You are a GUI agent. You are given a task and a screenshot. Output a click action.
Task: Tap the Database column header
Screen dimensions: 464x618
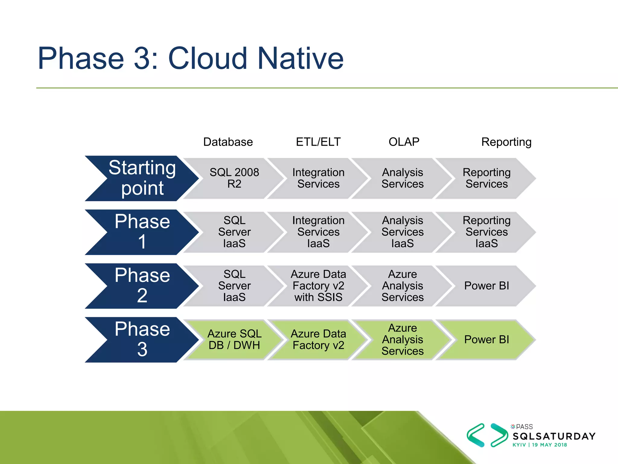[x=228, y=142]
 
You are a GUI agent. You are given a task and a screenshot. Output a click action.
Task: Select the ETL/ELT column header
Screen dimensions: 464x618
[x=318, y=142]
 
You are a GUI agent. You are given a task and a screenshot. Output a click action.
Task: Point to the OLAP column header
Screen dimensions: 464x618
[x=404, y=142]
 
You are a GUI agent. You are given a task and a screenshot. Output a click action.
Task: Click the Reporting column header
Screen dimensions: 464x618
[x=506, y=142]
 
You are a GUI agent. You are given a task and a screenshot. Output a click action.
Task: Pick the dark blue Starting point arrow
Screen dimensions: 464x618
[x=142, y=178]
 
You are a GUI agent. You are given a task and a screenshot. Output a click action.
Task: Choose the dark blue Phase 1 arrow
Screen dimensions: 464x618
[x=142, y=232]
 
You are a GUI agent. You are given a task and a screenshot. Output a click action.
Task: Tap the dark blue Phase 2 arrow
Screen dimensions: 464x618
[x=142, y=286]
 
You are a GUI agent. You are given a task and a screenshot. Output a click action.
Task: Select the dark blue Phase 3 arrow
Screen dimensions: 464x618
[x=142, y=340]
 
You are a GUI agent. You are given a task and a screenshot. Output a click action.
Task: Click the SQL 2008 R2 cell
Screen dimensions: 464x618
[x=234, y=178]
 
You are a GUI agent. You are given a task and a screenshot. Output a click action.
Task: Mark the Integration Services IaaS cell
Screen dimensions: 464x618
[x=318, y=232]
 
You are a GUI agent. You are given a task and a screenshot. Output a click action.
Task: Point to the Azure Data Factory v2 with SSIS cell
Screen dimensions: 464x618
[x=318, y=286]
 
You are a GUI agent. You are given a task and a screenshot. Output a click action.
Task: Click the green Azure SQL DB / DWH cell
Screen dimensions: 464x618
[x=234, y=340]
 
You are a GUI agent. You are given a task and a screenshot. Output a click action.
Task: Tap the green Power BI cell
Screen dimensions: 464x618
[x=486, y=340]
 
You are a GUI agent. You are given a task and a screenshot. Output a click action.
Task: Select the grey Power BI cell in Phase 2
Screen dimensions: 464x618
[x=486, y=286]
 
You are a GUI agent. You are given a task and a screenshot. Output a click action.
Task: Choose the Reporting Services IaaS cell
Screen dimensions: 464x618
[x=486, y=232]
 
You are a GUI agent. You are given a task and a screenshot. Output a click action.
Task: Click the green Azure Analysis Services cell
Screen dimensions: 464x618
[x=402, y=340]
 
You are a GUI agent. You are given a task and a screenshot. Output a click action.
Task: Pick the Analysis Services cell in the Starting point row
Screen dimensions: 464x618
[x=402, y=178]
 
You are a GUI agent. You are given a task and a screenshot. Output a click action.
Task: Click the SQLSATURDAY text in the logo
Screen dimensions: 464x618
[x=554, y=436]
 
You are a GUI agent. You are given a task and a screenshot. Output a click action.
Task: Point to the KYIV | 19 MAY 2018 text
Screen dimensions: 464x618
[x=540, y=445]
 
